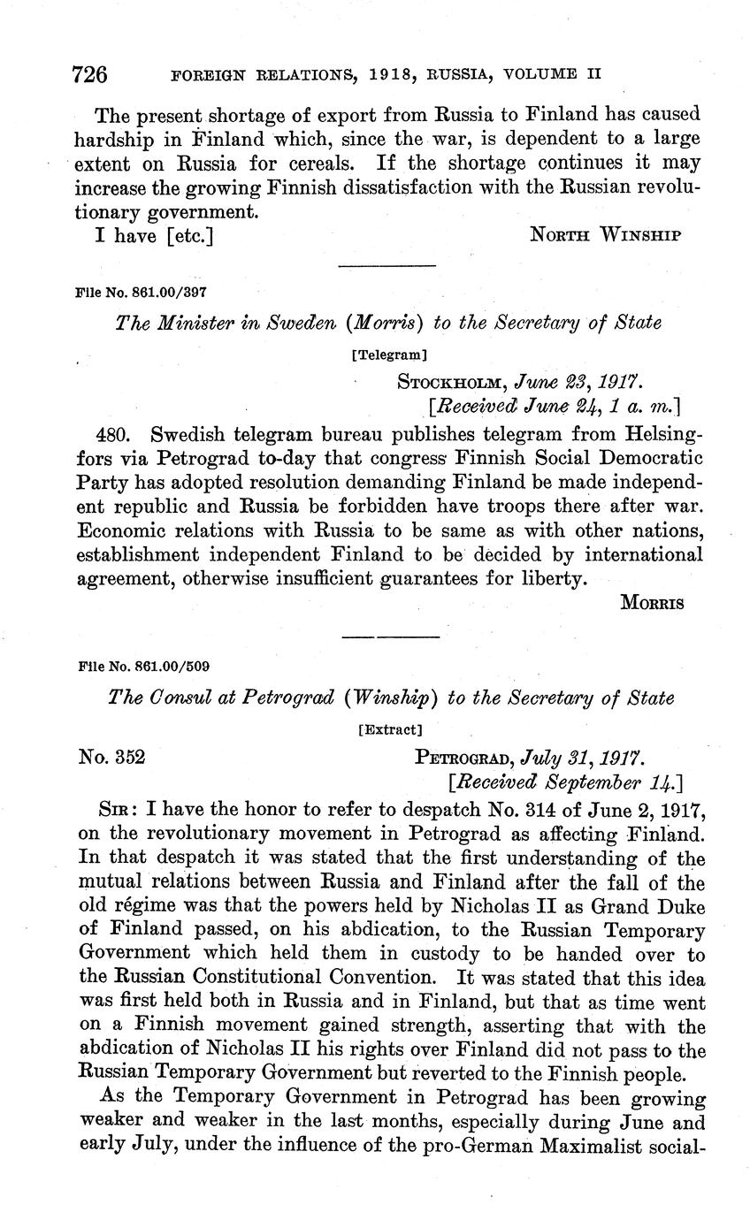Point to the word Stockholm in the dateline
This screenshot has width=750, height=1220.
tap(445, 382)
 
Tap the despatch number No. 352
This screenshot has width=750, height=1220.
tap(112, 757)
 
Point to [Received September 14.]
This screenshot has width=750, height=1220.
tap(565, 782)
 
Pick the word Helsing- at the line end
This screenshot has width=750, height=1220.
tap(652, 435)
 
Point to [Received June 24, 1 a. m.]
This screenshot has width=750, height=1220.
tap(553, 407)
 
